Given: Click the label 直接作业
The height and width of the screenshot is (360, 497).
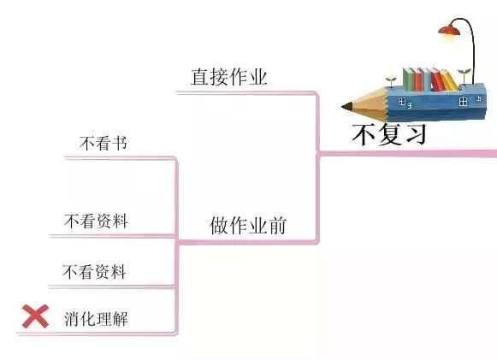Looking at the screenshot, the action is tap(229, 77).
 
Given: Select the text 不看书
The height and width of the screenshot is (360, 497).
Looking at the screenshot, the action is tap(104, 144).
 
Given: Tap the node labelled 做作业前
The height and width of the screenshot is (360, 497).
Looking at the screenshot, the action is tap(248, 225).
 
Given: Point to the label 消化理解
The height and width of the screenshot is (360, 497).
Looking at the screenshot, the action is tap(96, 319).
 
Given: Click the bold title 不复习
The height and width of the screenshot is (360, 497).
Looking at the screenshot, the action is tap(389, 134).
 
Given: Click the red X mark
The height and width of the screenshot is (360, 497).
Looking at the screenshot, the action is tap(36, 316).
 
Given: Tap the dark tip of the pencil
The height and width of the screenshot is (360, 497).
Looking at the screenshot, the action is tap(346, 107).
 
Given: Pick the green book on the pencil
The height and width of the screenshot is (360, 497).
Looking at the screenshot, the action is tap(409, 80).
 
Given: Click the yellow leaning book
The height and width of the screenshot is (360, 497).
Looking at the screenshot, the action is tap(450, 80).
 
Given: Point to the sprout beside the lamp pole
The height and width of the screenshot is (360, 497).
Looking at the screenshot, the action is tap(464, 75).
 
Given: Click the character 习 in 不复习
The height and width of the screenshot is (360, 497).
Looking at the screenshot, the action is tap(416, 134).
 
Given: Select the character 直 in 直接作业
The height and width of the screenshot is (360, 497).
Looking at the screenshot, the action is tap(200, 77).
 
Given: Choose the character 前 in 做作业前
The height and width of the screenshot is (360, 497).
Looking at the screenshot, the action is tap(277, 225).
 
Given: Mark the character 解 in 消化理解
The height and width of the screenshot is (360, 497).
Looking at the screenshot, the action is tap(121, 319).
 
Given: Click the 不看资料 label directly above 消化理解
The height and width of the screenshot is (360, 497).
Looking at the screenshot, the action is tap(94, 272).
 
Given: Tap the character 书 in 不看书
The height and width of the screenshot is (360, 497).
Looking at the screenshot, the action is tap(120, 144).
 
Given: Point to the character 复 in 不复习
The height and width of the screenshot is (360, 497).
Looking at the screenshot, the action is tap(390, 134).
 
